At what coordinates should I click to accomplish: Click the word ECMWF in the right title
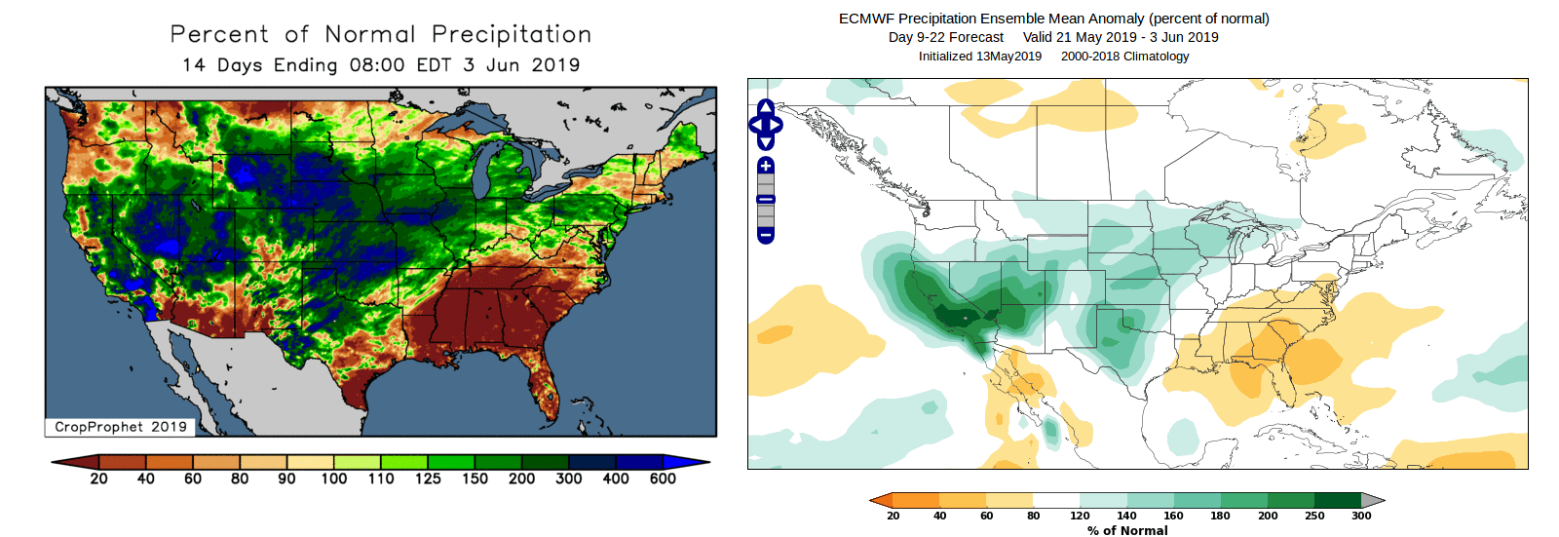pos(866,19)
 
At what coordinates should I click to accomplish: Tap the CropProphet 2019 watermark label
pos(120,427)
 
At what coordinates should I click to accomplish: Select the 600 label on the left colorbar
pos(663,479)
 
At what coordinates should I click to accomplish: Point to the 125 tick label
pos(428,479)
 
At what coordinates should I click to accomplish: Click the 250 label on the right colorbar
pos(1314,516)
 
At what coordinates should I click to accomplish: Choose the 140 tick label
pos(1126,516)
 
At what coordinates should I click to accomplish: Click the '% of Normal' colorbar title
pos(1127,530)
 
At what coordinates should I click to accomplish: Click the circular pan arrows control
pos(766,125)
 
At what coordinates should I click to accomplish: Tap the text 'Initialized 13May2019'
pos(979,56)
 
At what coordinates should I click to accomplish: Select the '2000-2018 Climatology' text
pos(1125,56)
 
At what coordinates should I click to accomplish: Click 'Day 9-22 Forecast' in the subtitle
pos(945,37)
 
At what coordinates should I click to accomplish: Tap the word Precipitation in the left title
pos(512,34)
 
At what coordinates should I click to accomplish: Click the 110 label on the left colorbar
pos(381,479)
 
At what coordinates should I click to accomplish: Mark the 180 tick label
pos(1220,516)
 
